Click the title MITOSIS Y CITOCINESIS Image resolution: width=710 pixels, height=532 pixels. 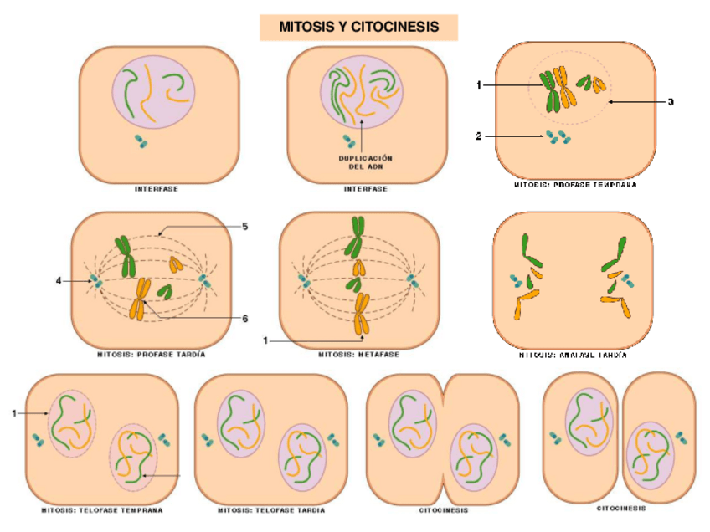tap(359, 27)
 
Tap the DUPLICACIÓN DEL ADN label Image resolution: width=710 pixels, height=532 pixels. tap(365, 161)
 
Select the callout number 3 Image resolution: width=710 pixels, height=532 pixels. tap(671, 102)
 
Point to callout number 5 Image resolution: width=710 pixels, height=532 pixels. tap(244, 226)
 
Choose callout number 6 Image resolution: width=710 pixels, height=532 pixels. tap(244, 318)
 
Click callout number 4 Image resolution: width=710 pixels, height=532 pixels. tap(59, 281)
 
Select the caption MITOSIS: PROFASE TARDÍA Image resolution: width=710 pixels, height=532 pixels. tap(152, 354)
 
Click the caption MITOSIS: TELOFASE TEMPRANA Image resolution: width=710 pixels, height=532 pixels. tap(102, 509)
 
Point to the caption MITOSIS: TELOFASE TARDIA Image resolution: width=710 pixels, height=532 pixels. tap(271, 509)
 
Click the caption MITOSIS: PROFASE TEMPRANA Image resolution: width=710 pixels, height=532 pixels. tap(574, 185)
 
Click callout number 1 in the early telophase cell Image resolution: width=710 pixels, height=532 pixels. tap(14, 412)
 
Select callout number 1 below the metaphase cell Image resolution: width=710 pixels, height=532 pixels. tap(265, 340)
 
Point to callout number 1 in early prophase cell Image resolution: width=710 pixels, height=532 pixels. tap(479, 85)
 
